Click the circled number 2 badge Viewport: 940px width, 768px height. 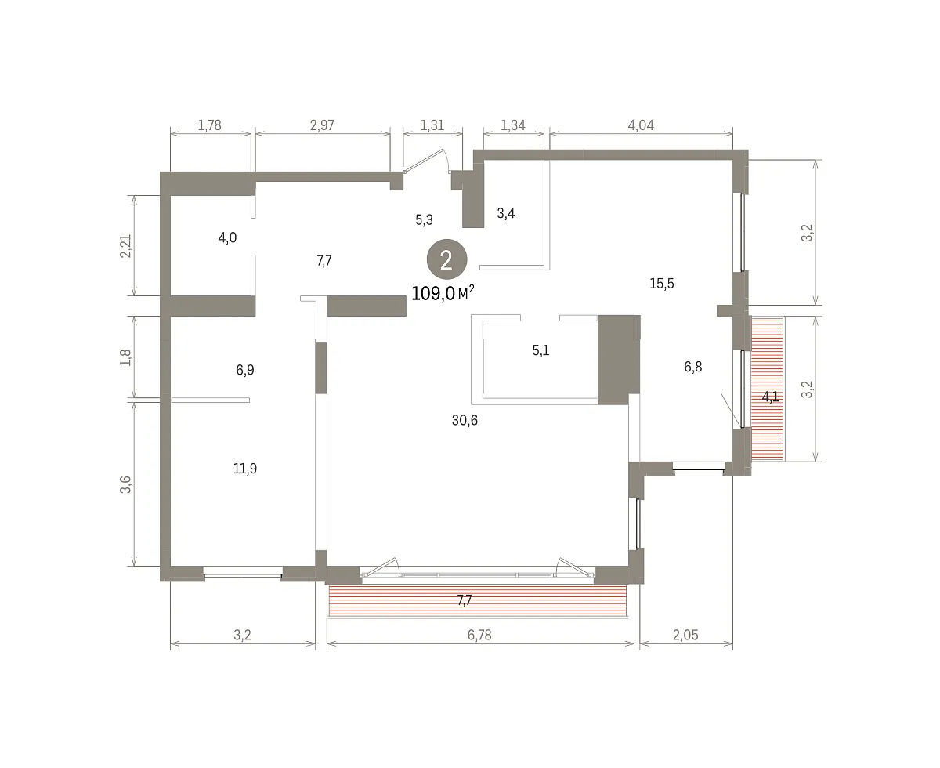click(446, 259)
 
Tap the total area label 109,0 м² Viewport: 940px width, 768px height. click(443, 293)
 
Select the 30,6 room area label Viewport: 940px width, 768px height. click(465, 420)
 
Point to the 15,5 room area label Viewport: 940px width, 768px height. click(661, 283)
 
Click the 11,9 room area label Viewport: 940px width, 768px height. click(244, 469)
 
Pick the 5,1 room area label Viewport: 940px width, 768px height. click(540, 350)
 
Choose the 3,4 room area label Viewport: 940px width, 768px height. click(505, 213)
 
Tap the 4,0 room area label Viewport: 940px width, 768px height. click(227, 237)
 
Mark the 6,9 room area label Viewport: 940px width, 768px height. click(244, 370)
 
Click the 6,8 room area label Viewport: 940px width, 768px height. click(692, 367)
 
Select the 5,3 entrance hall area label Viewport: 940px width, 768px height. click(424, 220)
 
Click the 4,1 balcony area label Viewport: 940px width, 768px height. click(770, 397)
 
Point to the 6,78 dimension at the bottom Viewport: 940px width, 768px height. click(479, 635)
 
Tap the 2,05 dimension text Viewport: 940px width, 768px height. click(685, 635)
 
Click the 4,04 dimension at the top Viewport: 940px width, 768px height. click(641, 125)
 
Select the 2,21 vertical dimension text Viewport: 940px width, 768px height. click(125, 246)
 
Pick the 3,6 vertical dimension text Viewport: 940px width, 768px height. click(125, 485)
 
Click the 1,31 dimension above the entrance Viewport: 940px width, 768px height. click(432, 125)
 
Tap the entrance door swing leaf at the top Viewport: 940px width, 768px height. click(424, 161)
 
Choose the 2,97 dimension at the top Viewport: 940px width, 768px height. click(322, 125)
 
